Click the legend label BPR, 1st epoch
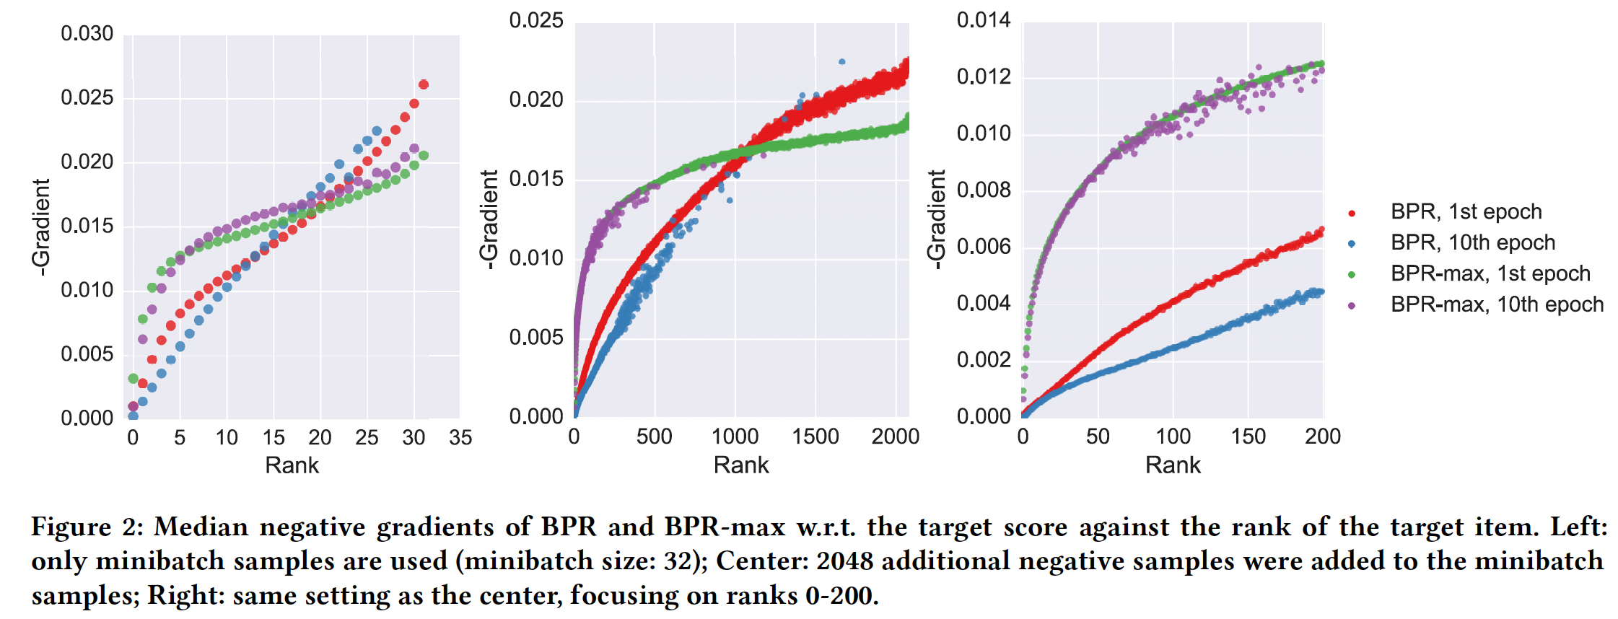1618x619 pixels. click(x=1466, y=212)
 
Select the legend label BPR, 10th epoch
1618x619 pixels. click(x=1472, y=243)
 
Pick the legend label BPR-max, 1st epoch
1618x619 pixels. click(x=1490, y=274)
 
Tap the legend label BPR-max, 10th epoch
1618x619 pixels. click(x=1497, y=305)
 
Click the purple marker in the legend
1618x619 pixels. click(x=1352, y=306)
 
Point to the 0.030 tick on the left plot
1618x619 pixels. click(x=87, y=34)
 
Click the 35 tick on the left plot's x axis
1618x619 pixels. click(x=460, y=438)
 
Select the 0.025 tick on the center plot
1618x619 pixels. click(x=535, y=21)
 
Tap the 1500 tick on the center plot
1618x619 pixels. click(x=815, y=436)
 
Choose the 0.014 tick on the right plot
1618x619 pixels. click(x=984, y=21)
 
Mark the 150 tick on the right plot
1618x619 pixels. click(x=1248, y=436)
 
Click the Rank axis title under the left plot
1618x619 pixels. click(x=292, y=465)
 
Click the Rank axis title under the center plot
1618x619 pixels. click(x=741, y=465)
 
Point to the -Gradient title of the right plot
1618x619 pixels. click(x=936, y=220)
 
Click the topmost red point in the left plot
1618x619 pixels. click(x=424, y=84)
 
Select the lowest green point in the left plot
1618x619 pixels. click(x=133, y=379)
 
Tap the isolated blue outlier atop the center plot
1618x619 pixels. click(x=841, y=62)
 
